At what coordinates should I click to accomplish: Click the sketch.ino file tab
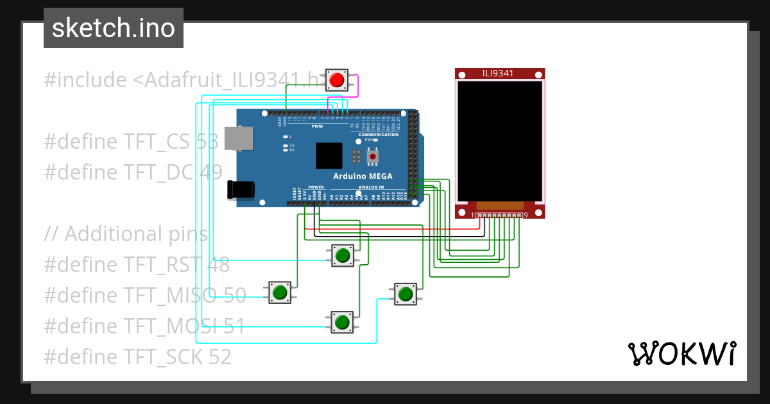pyautogui.click(x=114, y=28)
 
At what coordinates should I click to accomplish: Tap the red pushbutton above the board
pyautogui.click(x=337, y=81)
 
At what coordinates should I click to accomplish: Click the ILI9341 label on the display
pyautogui.click(x=498, y=73)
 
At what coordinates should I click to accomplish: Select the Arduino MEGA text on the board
pyautogui.click(x=363, y=176)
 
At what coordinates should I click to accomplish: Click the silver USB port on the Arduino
pyautogui.click(x=238, y=139)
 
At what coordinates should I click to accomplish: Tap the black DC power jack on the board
pyautogui.click(x=241, y=189)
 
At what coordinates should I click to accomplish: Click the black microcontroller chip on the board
pyautogui.click(x=329, y=156)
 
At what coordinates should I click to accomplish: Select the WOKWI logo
pyautogui.click(x=681, y=353)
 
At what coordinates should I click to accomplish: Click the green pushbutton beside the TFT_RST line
pyautogui.click(x=343, y=255)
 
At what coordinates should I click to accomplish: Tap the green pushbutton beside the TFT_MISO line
pyautogui.click(x=280, y=292)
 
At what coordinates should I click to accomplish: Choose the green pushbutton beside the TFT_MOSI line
pyautogui.click(x=342, y=322)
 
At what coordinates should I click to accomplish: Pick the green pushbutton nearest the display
pyautogui.click(x=405, y=294)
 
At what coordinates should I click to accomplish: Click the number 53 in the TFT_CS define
pyautogui.click(x=207, y=142)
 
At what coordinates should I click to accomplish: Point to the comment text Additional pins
pyautogui.click(x=136, y=234)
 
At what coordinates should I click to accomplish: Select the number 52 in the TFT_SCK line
pyautogui.click(x=220, y=357)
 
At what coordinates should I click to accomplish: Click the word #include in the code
pyautogui.click(x=85, y=80)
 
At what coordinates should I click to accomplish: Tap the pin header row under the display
pyautogui.click(x=500, y=215)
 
